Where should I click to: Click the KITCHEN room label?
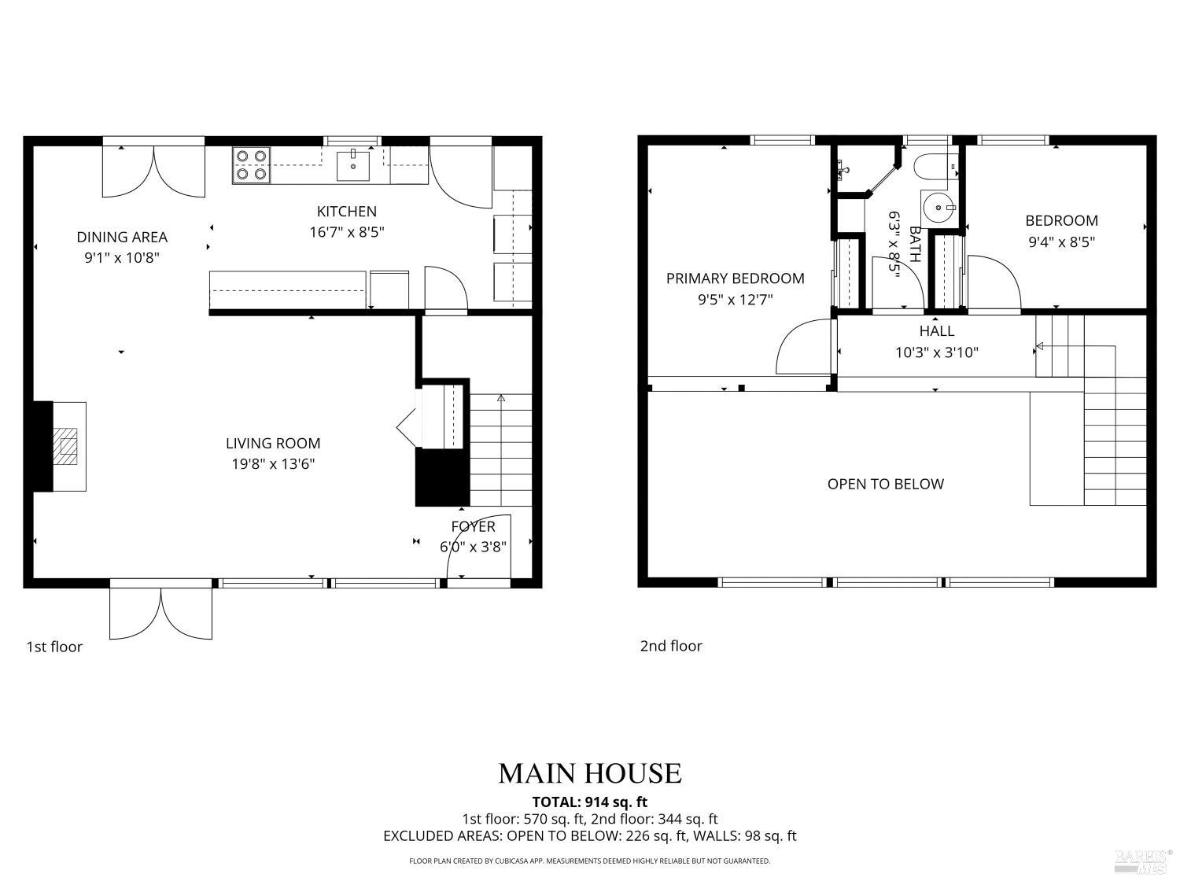[x=346, y=212]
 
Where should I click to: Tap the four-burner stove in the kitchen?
[x=252, y=165]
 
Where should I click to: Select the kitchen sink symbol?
[x=353, y=165]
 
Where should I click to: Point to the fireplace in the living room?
[x=66, y=447]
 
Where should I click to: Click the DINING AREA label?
[x=122, y=237]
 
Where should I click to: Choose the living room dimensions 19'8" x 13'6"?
[x=273, y=464]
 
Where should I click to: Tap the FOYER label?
[x=473, y=526]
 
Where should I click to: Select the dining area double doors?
[x=153, y=171]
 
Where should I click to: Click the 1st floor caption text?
[x=54, y=647]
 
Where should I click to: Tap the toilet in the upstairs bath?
[x=934, y=167]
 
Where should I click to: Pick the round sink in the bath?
[x=937, y=208]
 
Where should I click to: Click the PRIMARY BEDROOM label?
[x=735, y=278]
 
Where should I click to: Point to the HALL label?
[x=936, y=331]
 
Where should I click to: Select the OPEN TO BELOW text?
[x=885, y=484]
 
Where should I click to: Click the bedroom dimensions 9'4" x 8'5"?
[x=1061, y=242]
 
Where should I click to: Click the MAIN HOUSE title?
[x=589, y=773]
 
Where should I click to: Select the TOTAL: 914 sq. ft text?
[x=589, y=802]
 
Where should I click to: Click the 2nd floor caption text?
[x=670, y=646]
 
